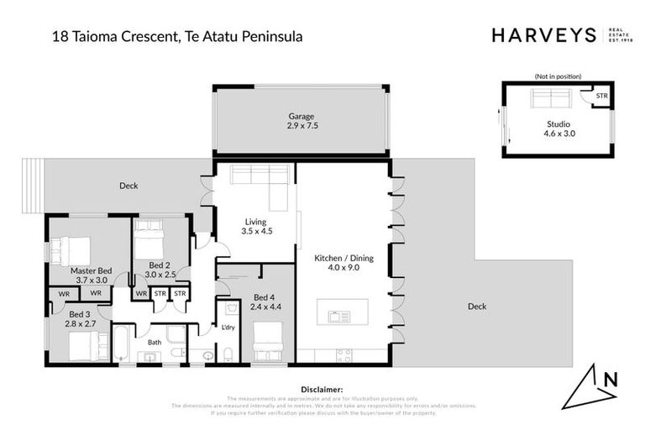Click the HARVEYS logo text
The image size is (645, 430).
pyautogui.click(x=543, y=35)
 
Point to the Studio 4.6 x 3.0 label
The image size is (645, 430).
pyautogui.click(x=557, y=128)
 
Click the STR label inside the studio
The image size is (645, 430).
pyautogui.click(x=600, y=97)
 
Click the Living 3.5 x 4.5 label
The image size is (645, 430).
pyautogui.click(x=256, y=226)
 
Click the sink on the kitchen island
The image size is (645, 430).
pyautogui.click(x=341, y=317)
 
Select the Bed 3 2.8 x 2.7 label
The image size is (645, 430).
pyautogui.click(x=81, y=317)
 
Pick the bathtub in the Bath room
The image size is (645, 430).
pyautogui.click(x=122, y=342)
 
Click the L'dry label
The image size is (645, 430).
pyautogui.click(x=228, y=326)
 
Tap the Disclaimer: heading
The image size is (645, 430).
pyautogui.click(x=322, y=390)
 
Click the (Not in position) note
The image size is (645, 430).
pyautogui.click(x=557, y=76)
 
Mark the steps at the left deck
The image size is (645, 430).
pyautogui.click(x=32, y=186)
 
